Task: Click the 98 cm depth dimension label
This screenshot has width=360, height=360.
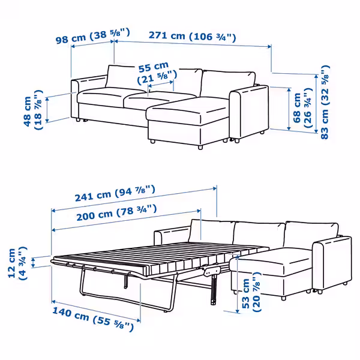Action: tap(91, 38)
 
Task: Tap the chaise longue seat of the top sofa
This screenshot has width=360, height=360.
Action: tap(186, 111)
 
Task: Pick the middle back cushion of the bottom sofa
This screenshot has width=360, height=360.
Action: tap(258, 234)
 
